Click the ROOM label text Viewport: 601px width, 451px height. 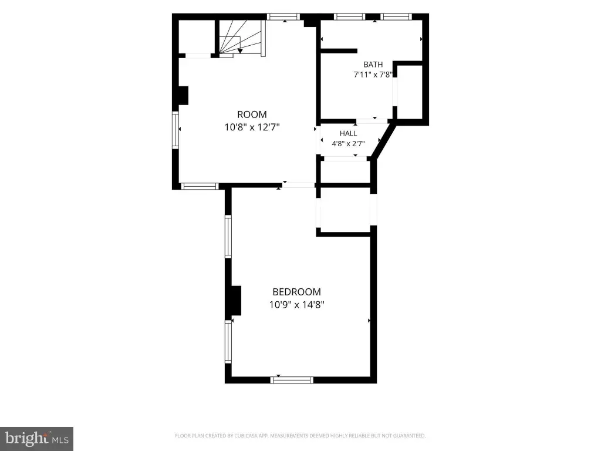pos(252,115)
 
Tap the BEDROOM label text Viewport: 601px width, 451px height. pos(296,292)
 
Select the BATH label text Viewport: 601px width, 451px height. pos(373,65)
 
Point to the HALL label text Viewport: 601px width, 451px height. pos(349,133)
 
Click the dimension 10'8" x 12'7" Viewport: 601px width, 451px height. pos(252,127)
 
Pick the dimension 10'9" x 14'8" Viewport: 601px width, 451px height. pos(296,305)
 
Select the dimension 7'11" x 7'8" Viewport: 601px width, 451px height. pos(373,75)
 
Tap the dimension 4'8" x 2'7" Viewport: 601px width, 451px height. pos(348,144)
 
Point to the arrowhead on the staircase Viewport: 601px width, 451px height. pos(240,51)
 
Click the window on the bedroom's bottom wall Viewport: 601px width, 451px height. pos(292,380)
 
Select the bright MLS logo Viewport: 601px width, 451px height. pos(37,439)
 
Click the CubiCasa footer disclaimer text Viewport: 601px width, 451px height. pos(300,436)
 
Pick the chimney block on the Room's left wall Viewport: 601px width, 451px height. pos(184,96)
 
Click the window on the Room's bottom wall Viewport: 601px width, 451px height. pos(200,186)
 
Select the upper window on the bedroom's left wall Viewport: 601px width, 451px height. pos(228,236)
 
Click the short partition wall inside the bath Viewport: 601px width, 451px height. pos(339,51)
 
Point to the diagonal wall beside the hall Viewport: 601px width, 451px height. pos(383,141)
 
